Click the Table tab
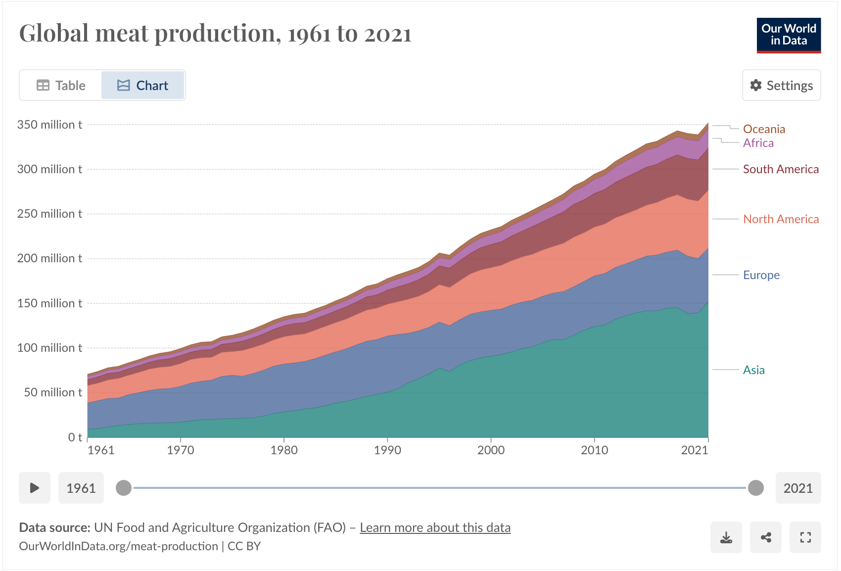61,86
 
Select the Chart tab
143,86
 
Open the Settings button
781,86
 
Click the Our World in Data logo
789,35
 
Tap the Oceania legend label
764,129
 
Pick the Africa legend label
758,143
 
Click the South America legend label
781,169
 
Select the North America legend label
781,219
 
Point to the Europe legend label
761,275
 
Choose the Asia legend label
753,370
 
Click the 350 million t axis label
49,125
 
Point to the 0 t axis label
75,437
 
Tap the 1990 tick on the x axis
387,450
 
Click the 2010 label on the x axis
594,450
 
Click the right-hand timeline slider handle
755,488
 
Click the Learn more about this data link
435,528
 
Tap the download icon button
726,537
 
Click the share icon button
766,537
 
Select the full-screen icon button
805,537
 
